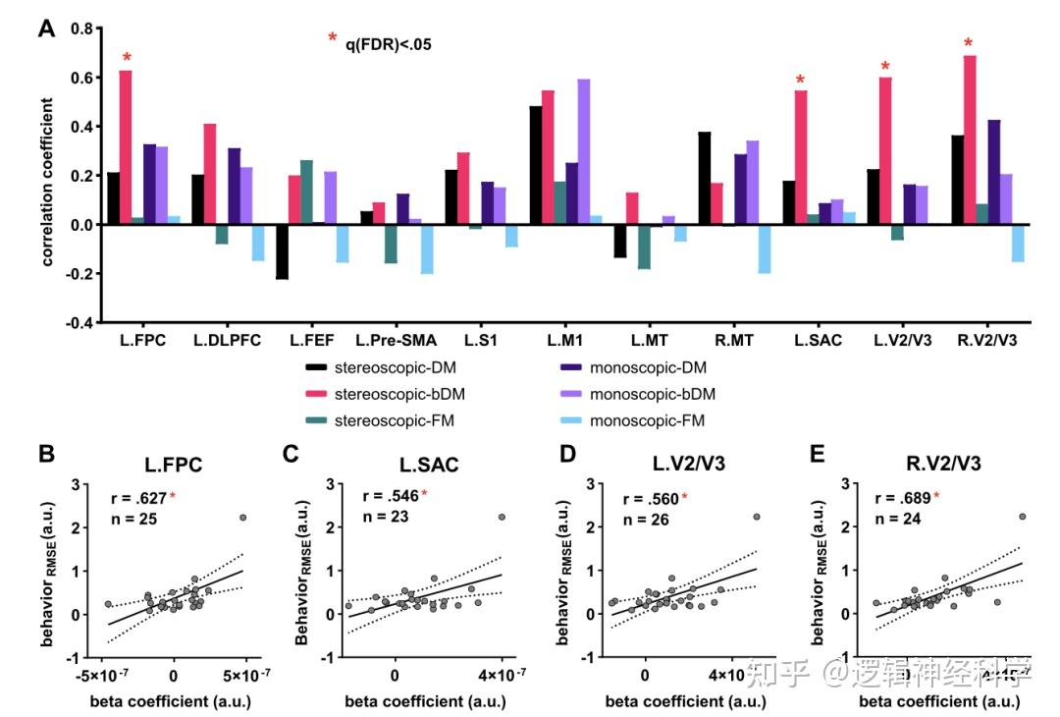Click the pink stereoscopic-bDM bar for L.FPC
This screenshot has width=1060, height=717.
click(x=126, y=147)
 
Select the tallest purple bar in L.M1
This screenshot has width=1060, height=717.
click(x=584, y=151)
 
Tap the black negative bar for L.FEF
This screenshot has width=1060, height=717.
click(x=282, y=251)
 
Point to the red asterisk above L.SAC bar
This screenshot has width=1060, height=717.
click(x=801, y=81)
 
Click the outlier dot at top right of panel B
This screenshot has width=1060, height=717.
click(x=242, y=517)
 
